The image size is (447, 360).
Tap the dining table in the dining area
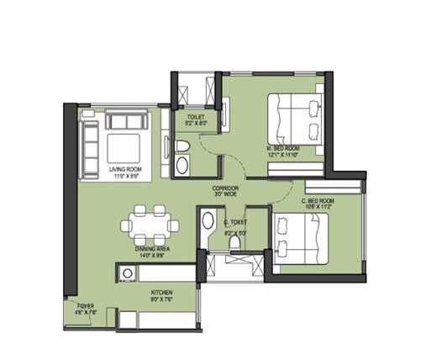coord(150,225)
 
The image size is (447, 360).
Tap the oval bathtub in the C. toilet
coord(208,225)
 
